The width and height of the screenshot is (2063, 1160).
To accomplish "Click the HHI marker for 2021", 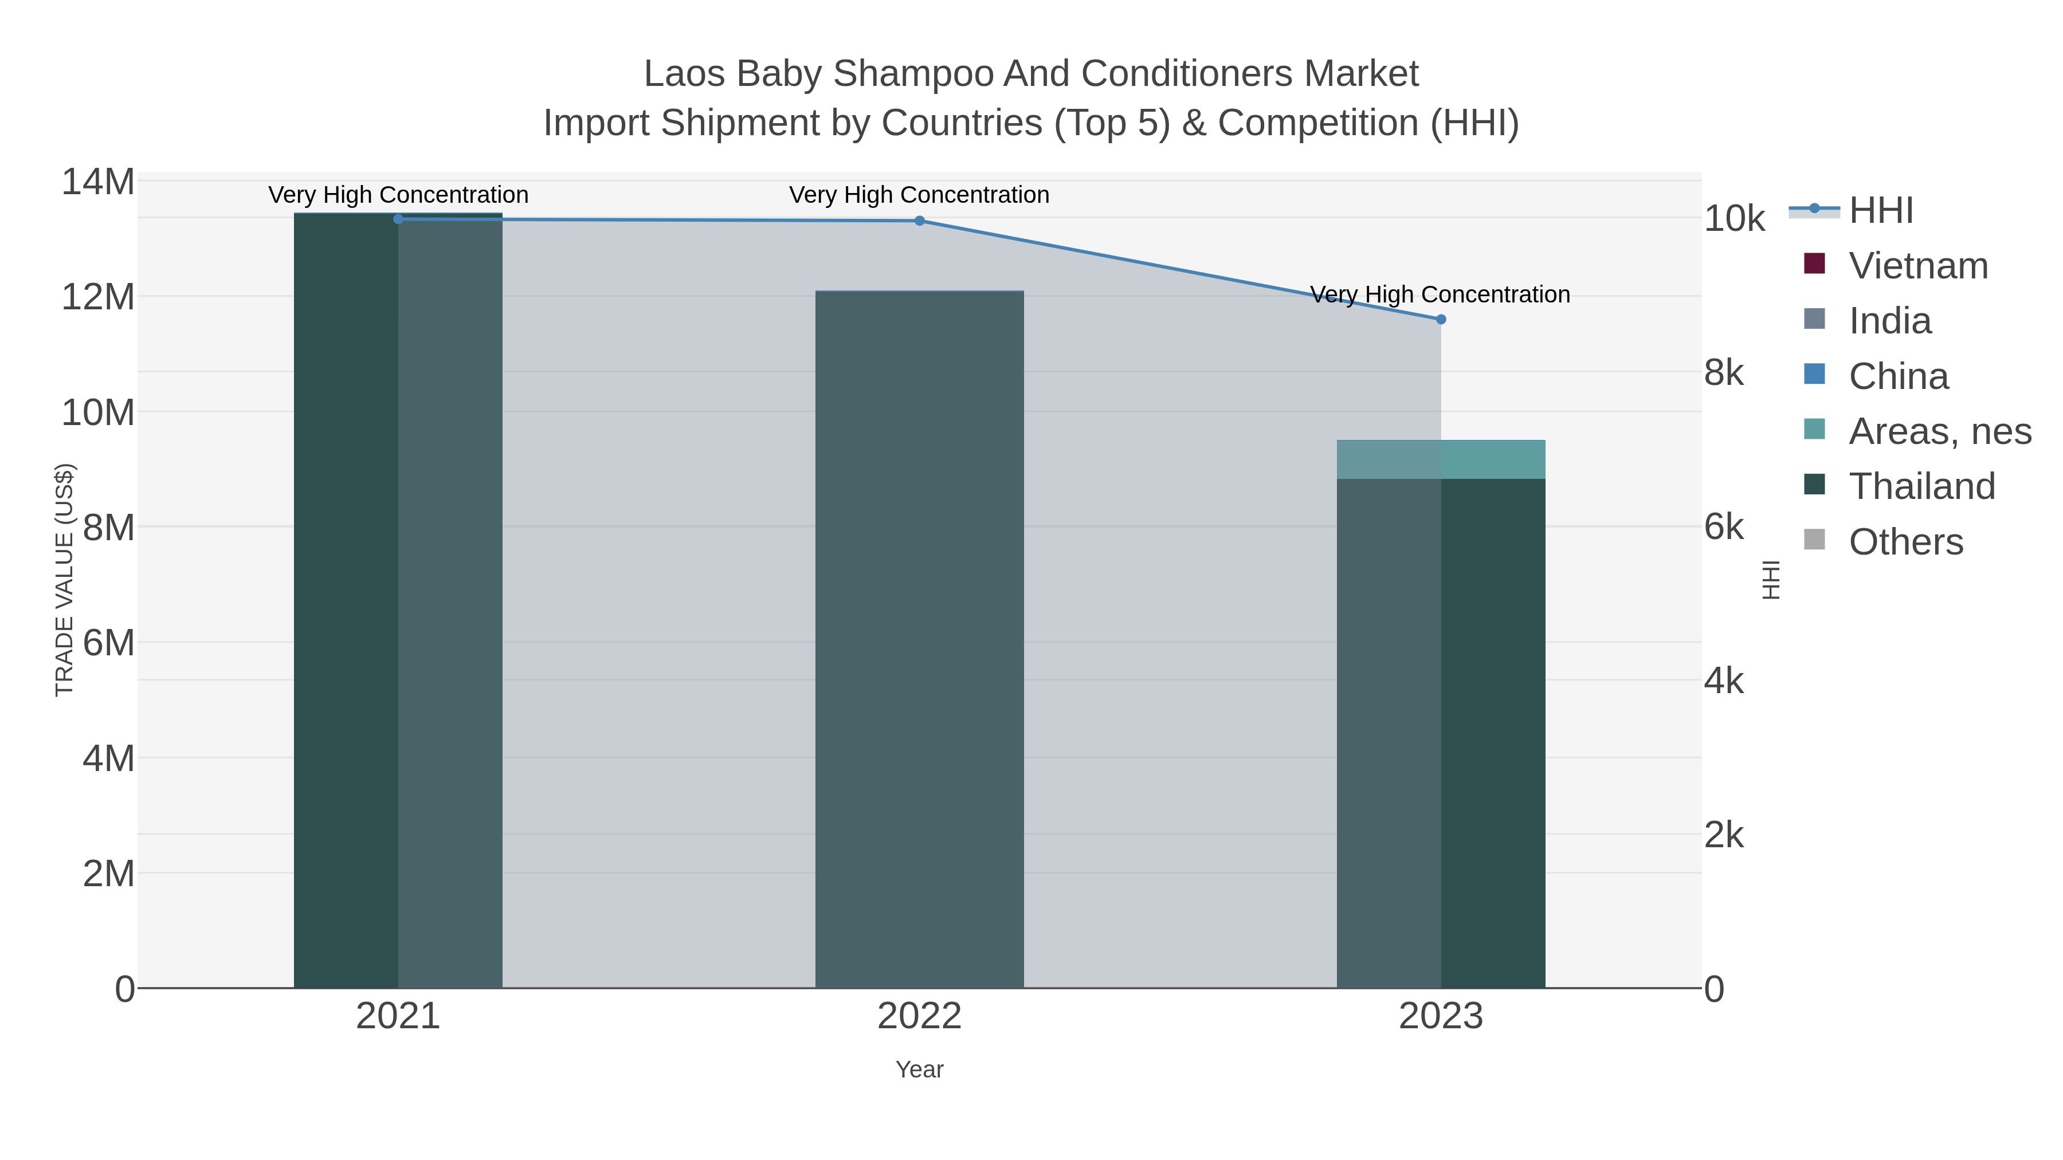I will (398, 219).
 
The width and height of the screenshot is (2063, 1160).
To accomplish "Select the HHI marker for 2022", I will (919, 221).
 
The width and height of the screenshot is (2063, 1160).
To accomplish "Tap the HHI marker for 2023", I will (1441, 320).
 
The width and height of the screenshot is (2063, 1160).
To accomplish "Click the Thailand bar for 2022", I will (919, 640).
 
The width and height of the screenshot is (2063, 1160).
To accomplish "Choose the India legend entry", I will (1889, 321).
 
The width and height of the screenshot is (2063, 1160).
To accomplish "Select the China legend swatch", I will (1814, 375).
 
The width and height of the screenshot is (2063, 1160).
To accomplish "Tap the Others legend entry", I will (1905, 542).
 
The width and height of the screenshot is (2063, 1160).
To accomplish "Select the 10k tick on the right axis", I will (1734, 219).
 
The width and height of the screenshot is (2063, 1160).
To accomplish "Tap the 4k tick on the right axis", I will (1723, 681).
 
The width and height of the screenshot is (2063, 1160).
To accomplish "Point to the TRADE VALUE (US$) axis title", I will (64, 580).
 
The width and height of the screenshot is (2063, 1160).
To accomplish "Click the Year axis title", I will (919, 1069).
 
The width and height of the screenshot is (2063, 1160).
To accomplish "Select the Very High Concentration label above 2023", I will (1440, 294).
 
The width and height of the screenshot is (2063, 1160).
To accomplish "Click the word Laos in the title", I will (685, 74).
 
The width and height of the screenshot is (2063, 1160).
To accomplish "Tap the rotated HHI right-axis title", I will (1771, 580).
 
